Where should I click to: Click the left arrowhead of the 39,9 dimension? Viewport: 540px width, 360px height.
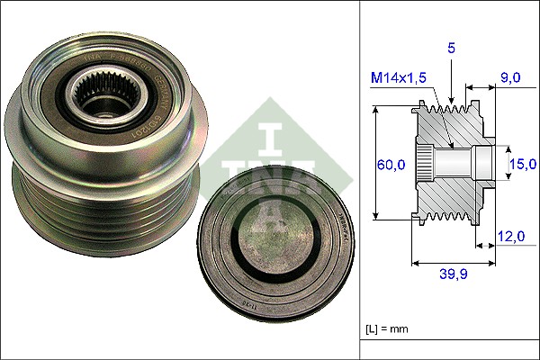415,264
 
